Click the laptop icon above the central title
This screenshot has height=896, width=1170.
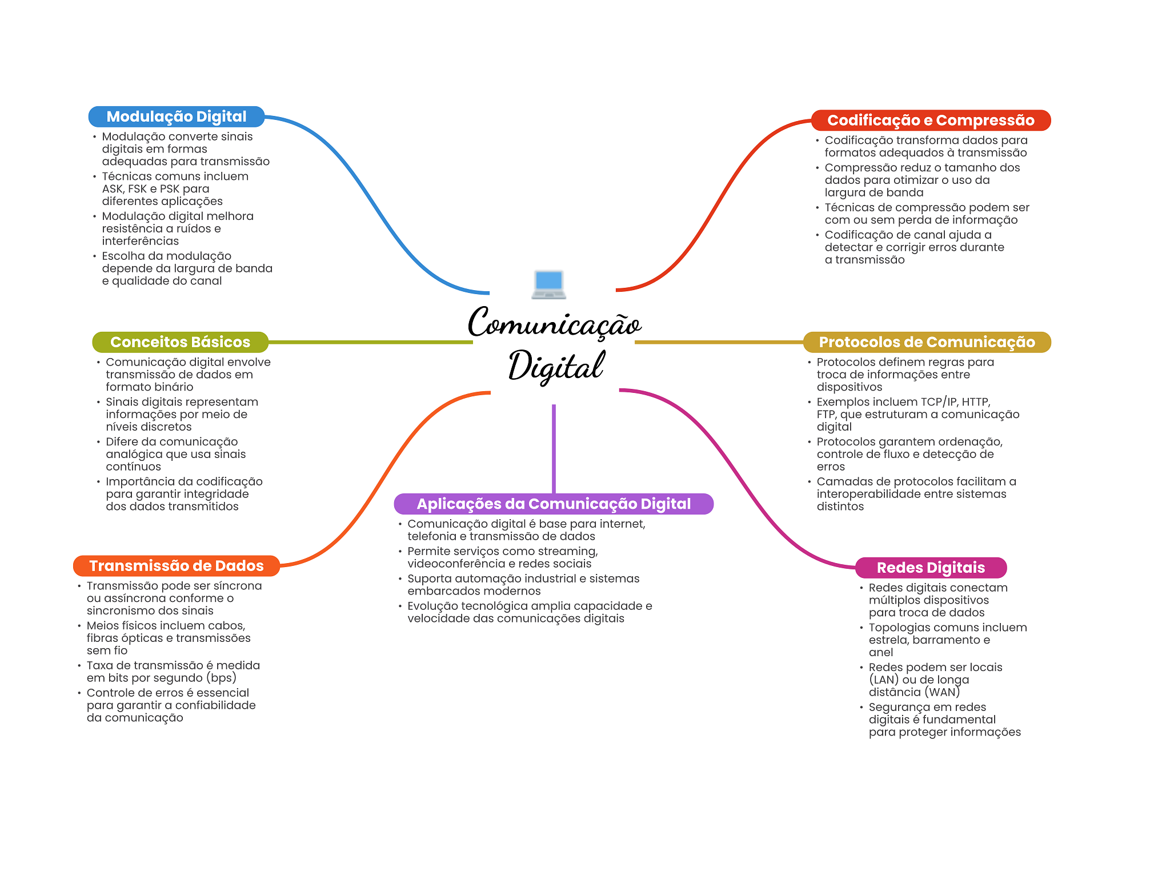click(548, 284)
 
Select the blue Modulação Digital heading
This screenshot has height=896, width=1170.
click(177, 116)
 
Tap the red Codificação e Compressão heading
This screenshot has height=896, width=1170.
click(931, 120)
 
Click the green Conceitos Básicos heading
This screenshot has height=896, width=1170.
click(180, 342)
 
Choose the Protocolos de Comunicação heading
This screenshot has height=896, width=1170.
click(927, 342)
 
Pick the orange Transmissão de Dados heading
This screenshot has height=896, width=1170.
click(177, 566)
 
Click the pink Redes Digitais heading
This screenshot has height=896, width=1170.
click(931, 568)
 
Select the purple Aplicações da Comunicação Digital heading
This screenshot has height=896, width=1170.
click(554, 504)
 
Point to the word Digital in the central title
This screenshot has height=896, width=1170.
click(556, 366)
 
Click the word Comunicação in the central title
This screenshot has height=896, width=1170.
click(555, 323)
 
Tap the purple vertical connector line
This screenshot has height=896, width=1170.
click(554, 449)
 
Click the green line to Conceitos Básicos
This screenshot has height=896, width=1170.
click(371, 342)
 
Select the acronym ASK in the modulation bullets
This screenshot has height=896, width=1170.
click(113, 189)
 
